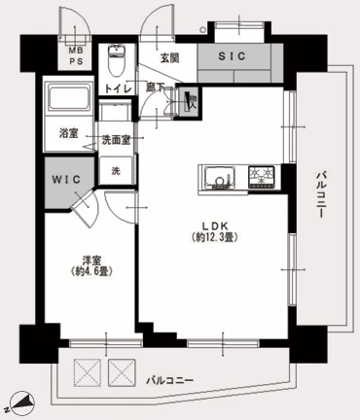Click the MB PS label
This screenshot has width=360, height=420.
[75, 53]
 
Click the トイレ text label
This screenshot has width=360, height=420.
[118, 87]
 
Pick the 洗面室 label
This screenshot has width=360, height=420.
[119, 140]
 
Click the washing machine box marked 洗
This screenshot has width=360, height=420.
[117, 171]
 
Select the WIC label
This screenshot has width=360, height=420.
[68, 180]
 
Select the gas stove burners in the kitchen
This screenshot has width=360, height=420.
[263, 177]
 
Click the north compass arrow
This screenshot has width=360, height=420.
[23, 401]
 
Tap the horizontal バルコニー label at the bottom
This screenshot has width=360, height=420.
[170, 379]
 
